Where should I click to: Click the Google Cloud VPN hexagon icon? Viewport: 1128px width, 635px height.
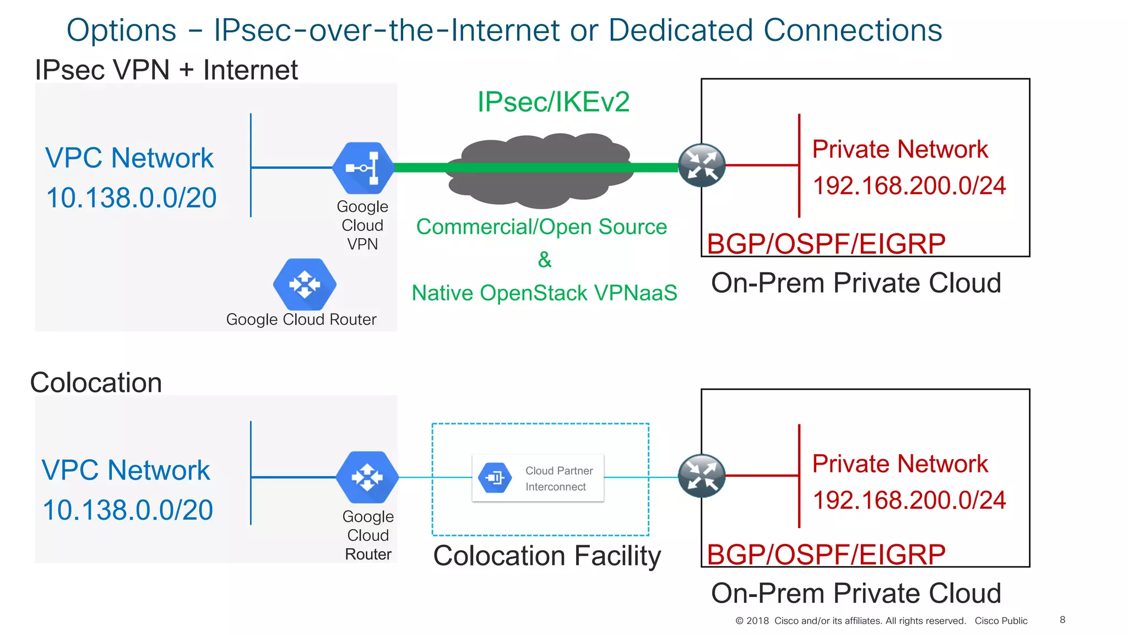[x=363, y=168]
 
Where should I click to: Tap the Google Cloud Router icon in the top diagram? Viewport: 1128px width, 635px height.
[x=304, y=284]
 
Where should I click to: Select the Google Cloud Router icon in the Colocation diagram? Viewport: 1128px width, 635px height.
[x=367, y=477]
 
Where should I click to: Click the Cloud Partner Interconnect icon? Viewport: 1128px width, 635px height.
[x=495, y=477]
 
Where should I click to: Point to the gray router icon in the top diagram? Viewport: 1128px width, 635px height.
[x=701, y=165]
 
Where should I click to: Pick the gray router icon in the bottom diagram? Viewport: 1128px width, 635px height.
[x=701, y=476]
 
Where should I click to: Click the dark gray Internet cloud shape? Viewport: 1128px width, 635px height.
[x=540, y=187]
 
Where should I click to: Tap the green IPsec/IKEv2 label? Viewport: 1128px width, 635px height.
[x=553, y=102]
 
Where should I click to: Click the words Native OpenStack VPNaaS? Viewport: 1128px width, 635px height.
[x=544, y=293]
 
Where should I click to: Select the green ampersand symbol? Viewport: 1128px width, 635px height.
[x=544, y=260]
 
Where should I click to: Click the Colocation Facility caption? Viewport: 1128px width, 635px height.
[x=546, y=556]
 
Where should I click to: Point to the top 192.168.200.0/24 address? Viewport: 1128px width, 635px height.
[x=909, y=186]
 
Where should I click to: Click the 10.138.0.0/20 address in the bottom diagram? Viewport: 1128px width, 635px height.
[x=128, y=510]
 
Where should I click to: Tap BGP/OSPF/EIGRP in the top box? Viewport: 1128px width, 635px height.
[x=826, y=244]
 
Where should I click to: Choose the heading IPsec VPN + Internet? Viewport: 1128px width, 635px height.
[x=166, y=70]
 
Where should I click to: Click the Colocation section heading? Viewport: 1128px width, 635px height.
[x=96, y=383]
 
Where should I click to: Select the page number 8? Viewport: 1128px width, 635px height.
[x=1062, y=620]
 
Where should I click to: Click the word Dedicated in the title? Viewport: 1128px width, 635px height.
[x=680, y=30]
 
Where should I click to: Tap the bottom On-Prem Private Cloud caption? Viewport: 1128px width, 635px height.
[x=855, y=594]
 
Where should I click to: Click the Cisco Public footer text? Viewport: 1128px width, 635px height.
[x=1000, y=621]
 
